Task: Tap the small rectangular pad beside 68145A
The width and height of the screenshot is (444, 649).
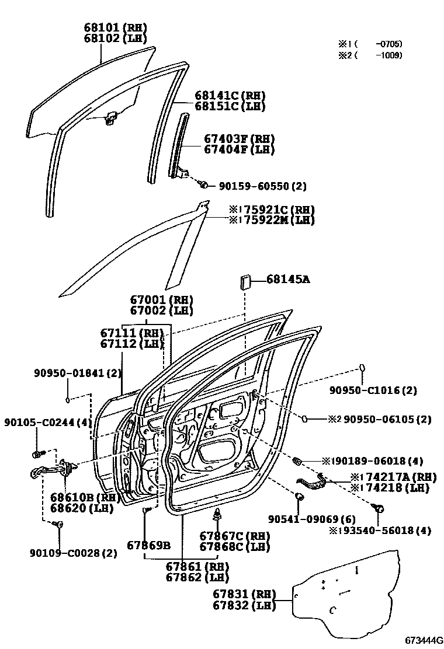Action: [x=244, y=282]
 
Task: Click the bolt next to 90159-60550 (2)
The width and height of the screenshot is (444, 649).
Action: [x=203, y=184]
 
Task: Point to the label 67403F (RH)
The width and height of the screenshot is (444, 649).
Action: [x=239, y=139]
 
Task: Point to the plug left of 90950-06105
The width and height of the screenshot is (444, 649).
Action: [x=304, y=418]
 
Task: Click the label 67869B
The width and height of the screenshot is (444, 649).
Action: [x=148, y=545]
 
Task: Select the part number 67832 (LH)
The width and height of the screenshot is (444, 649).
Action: [x=244, y=606]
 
